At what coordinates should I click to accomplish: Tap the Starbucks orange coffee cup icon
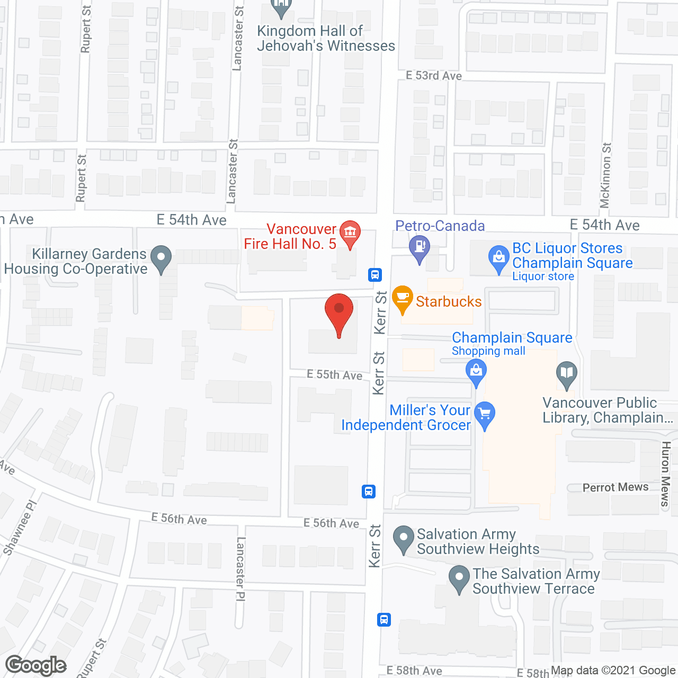[403, 300]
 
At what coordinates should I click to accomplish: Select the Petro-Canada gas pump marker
[420, 248]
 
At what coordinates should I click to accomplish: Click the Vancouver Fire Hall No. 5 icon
[350, 234]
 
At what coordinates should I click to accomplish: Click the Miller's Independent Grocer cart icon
[485, 415]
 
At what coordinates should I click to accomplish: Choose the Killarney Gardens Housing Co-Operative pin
[161, 259]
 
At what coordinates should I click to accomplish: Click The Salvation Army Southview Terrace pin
[459, 578]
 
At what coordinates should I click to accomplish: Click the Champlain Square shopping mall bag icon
[476, 371]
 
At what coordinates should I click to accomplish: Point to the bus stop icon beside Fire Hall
[375, 274]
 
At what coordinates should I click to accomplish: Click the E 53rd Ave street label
[434, 76]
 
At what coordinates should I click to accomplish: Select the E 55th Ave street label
[335, 374]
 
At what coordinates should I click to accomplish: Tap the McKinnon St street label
[605, 175]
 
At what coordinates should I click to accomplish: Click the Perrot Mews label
[615, 487]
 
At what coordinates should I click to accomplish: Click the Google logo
[36, 665]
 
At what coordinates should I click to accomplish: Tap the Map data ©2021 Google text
[613, 671]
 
